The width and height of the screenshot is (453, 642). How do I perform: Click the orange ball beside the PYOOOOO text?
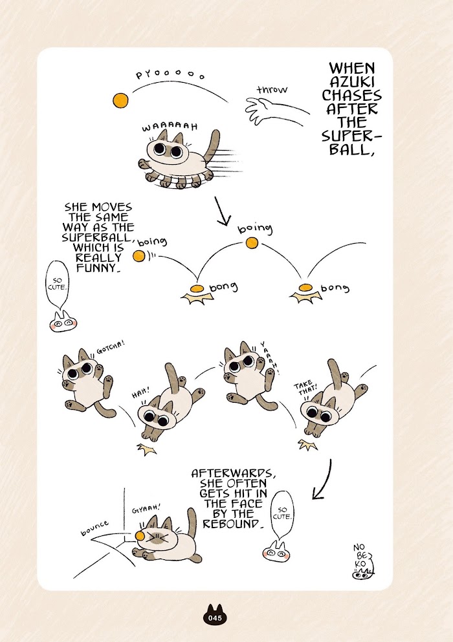(120, 100)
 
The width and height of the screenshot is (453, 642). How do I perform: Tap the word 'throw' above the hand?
(272, 89)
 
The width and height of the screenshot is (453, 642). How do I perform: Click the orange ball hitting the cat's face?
(140, 536)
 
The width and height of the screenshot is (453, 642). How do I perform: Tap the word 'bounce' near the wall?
(94, 527)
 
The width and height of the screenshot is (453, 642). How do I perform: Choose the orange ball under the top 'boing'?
(251, 242)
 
